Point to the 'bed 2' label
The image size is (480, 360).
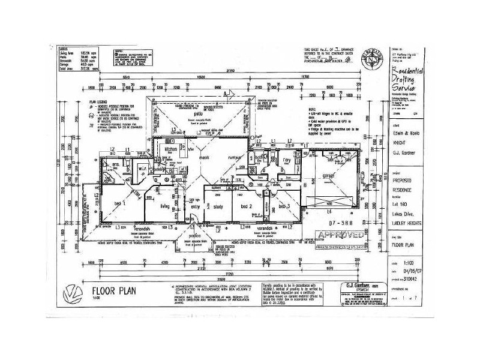tap(246, 206)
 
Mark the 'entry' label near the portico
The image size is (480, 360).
tap(195, 206)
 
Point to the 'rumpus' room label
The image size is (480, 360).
tap(233, 158)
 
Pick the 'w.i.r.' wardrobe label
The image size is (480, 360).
tap(137, 169)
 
